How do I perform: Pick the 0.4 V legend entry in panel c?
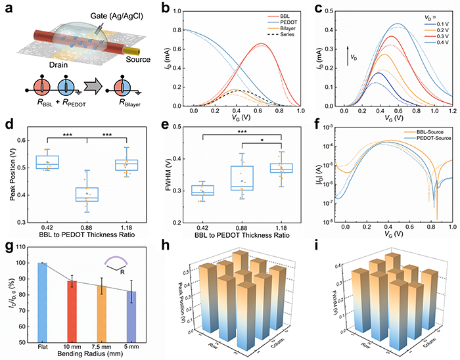428,51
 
